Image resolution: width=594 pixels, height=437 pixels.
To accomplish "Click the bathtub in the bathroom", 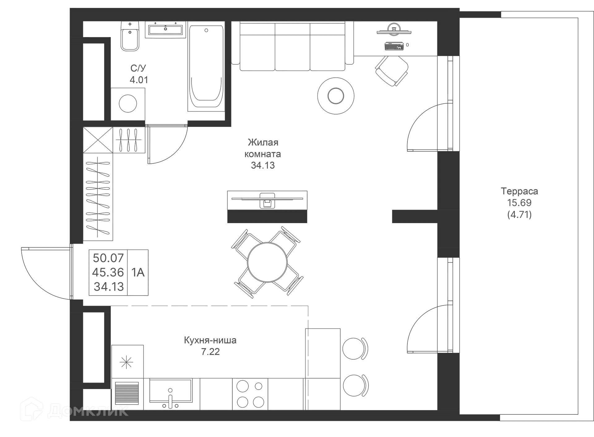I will click(x=206, y=68).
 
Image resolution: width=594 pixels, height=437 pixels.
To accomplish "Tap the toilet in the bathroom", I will click(x=130, y=37).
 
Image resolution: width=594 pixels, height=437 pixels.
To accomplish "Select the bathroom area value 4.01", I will click(x=139, y=80).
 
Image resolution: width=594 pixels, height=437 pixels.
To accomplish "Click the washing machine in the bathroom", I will click(x=128, y=103).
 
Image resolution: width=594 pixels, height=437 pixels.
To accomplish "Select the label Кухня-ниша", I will click(x=210, y=340).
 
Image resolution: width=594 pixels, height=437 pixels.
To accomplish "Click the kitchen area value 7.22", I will click(x=210, y=352).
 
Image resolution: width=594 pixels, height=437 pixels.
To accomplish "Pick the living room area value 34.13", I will click(x=263, y=166).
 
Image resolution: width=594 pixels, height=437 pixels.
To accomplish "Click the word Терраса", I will click(x=519, y=191).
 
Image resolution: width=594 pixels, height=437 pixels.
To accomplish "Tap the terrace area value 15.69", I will click(x=519, y=203).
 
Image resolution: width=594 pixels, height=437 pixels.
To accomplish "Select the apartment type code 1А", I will click(x=138, y=272).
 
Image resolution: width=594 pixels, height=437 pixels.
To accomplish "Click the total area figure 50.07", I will click(x=108, y=257).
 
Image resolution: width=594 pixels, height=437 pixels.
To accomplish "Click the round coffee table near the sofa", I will click(x=336, y=96).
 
